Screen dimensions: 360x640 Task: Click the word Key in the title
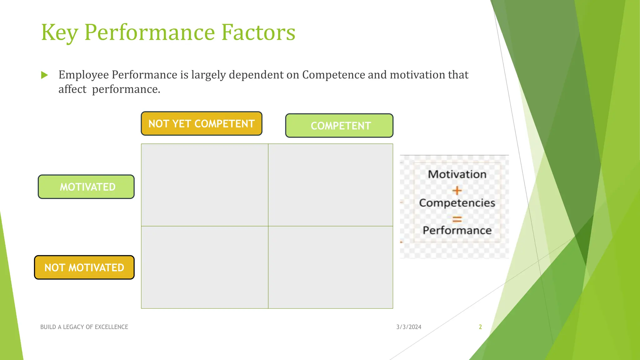coord(59,32)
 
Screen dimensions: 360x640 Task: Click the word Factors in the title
coord(258,32)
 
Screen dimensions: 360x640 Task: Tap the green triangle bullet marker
coord(44,75)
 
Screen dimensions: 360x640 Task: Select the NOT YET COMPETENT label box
coord(202,124)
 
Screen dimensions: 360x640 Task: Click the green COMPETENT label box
coord(339,126)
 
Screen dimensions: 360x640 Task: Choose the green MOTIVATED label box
coord(86,187)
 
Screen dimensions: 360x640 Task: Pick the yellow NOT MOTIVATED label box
coord(84,267)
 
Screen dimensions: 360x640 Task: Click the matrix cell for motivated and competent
coord(331,185)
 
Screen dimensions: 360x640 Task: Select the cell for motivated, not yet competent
coord(205,185)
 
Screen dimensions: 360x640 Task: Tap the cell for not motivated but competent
coord(331,267)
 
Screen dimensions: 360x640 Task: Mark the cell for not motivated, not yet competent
coord(205,267)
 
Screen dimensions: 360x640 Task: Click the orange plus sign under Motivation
coord(457,190)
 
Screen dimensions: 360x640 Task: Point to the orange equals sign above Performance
coord(457,219)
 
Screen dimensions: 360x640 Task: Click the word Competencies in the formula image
coord(457,203)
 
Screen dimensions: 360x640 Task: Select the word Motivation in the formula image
coord(457,174)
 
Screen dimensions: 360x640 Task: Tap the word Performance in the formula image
coord(457,231)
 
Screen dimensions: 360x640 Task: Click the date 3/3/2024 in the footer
coord(409,327)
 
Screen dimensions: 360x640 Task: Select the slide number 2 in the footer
coord(480,327)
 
